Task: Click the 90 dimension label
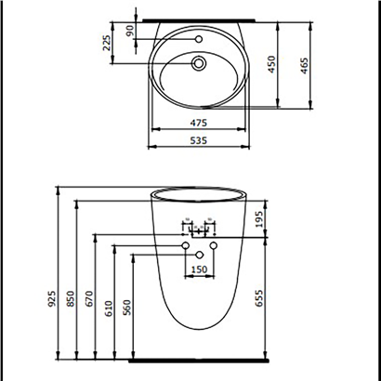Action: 130,30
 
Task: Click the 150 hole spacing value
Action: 199,269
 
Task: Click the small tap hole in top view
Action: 199,39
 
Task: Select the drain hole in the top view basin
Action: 198,64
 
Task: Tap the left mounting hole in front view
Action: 185,245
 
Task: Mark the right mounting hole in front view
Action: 213,245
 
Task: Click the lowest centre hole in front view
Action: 199,255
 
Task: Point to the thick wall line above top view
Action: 199,17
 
